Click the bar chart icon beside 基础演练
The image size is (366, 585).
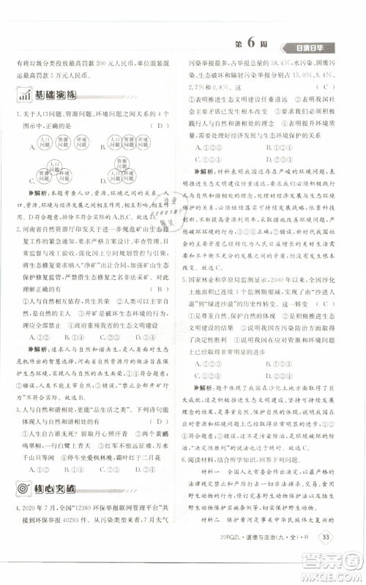21,96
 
